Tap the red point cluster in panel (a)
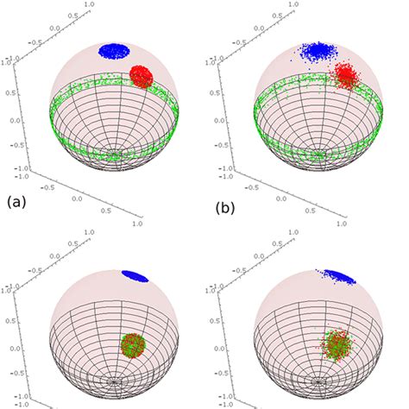141,76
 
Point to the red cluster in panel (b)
348,77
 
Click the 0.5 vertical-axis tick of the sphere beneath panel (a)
9,319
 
